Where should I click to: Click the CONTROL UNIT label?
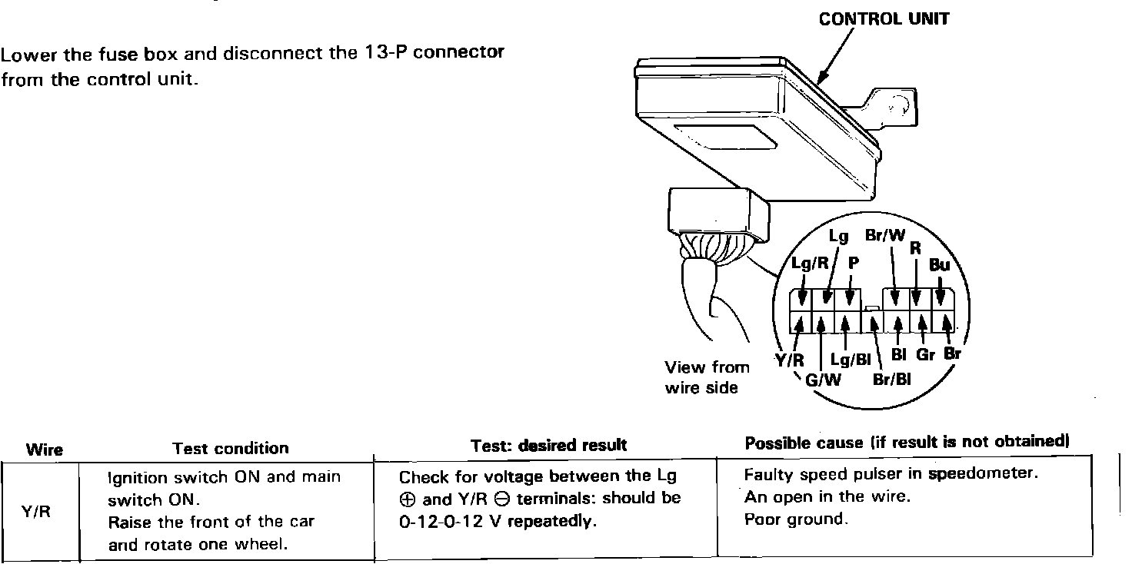[x=884, y=19]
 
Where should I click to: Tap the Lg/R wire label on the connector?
[x=810, y=264]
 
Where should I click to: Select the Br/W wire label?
[x=885, y=236]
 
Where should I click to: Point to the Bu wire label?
[x=939, y=265]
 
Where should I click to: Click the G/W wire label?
[x=824, y=380]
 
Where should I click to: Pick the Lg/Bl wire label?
[x=851, y=360]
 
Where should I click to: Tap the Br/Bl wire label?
[x=892, y=380]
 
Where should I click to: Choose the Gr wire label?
[x=925, y=355]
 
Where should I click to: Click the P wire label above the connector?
[x=853, y=263]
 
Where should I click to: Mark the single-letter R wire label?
[x=915, y=247]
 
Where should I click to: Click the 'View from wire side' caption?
[x=707, y=377]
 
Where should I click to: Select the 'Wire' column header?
[x=45, y=450]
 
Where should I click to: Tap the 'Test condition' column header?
[x=231, y=448]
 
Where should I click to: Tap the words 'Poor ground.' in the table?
[x=796, y=519]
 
